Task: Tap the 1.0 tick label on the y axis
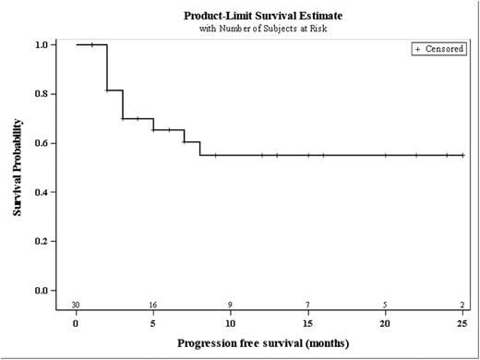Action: point(42,44)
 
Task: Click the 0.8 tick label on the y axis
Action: point(42,93)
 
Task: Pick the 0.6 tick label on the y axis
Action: point(42,143)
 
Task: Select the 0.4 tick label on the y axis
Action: point(42,192)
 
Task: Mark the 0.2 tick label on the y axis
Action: point(42,242)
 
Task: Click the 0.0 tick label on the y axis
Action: point(42,291)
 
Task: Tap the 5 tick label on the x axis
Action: point(153,323)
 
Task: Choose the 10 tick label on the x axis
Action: point(231,323)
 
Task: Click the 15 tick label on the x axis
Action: point(307,323)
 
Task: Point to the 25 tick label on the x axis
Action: point(462,323)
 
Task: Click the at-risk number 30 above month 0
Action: point(77,304)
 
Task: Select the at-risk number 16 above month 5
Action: point(153,304)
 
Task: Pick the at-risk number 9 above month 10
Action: point(231,304)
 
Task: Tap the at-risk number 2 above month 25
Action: point(462,304)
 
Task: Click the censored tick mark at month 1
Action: point(92,44)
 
